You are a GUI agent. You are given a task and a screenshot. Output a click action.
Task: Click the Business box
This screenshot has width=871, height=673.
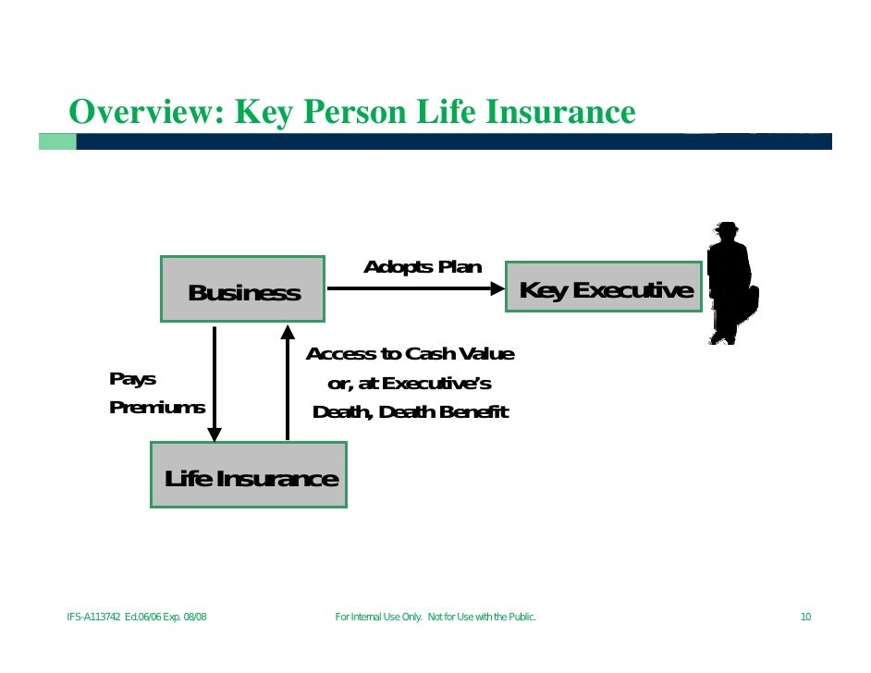tap(242, 289)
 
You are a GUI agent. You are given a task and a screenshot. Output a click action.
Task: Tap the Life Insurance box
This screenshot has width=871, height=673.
tap(249, 475)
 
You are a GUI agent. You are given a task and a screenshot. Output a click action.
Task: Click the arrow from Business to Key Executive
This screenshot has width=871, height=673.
tap(416, 288)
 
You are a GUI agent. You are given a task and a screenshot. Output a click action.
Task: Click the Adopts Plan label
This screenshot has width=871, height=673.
tap(423, 267)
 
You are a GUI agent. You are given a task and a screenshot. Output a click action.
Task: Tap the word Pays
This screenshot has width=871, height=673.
tap(132, 379)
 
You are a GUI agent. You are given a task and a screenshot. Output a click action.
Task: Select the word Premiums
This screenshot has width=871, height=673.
tap(157, 407)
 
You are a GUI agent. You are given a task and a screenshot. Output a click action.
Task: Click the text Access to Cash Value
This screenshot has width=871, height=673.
tap(410, 354)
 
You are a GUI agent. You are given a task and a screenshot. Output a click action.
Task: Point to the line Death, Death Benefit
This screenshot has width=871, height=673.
tap(411, 412)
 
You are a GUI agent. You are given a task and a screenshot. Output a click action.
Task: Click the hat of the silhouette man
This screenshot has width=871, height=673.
tap(728, 228)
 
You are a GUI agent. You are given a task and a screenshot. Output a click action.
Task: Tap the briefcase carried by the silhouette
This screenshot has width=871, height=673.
tap(749, 300)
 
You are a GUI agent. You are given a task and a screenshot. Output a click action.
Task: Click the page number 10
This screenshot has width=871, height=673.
tap(805, 617)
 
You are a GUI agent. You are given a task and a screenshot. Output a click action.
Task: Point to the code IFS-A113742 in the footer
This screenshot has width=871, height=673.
tap(93, 617)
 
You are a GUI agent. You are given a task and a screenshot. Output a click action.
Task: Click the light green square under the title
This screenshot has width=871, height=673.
tap(57, 141)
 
